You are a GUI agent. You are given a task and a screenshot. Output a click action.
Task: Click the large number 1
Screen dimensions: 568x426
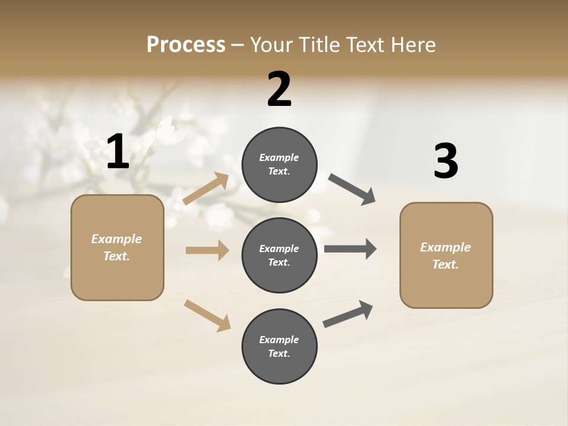pos(118,153)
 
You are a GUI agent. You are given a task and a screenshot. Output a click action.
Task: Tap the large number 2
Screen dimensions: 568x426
pos(279,90)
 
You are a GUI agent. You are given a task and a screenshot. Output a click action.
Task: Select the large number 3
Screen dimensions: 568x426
pos(446,162)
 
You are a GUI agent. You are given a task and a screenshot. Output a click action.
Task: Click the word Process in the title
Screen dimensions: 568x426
pos(186,44)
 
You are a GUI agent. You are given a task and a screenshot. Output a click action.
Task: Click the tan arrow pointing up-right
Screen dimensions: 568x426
pos(206,189)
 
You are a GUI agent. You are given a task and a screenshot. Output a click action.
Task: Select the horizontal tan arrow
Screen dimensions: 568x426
pos(207,250)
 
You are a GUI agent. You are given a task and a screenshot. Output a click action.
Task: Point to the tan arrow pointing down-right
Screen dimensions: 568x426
pos(207,315)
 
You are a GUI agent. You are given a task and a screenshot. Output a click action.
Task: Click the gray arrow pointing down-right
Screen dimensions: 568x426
pos(351,189)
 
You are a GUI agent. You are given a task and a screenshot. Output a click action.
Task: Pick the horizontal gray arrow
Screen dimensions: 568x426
pos(350,248)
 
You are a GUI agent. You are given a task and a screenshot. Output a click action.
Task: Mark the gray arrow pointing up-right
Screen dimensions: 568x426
pos(348,314)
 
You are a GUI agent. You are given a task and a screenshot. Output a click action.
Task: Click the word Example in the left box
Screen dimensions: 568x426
pos(117,239)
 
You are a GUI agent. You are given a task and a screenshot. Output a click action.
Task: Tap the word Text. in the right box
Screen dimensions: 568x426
pos(446,264)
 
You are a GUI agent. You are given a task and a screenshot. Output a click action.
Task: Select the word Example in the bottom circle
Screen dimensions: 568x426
pos(279,340)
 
